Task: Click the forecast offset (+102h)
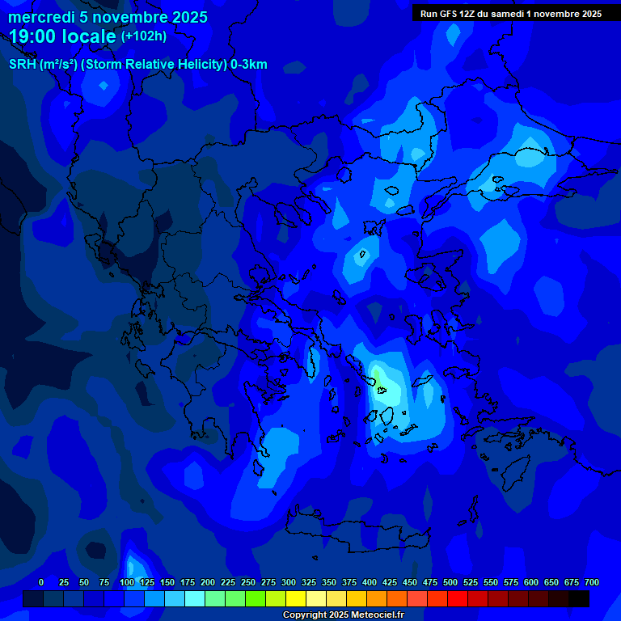[x=144, y=36]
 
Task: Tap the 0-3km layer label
[x=249, y=65]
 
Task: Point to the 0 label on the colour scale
[x=41, y=582]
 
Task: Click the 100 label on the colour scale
[x=127, y=582]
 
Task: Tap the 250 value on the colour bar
[x=248, y=582]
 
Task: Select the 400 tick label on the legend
[x=370, y=582]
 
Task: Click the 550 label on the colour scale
[x=491, y=582]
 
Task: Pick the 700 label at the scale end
[x=592, y=582]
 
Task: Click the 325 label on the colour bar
[x=309, y=582]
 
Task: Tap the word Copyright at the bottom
[x=306, y=615]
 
